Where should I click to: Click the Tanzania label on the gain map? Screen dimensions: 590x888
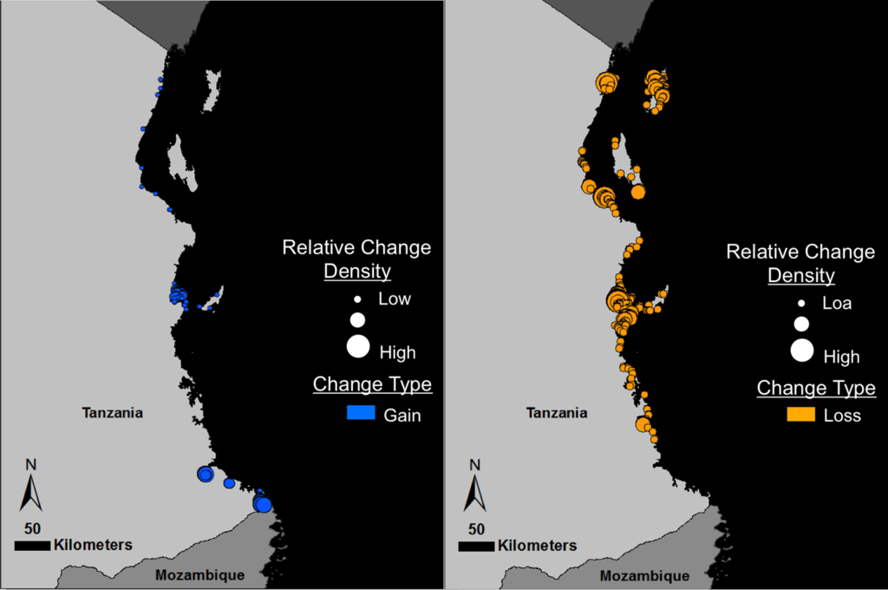point(112,413)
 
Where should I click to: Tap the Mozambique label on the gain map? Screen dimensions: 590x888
point(199,574)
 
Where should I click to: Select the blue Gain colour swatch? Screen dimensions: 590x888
point(360,414)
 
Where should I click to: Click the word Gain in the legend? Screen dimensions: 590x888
point(402,416)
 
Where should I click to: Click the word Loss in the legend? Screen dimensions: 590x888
point(842,416)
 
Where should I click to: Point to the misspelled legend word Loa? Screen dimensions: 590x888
point(837,304)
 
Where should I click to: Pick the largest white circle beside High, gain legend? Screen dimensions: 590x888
point(357,347)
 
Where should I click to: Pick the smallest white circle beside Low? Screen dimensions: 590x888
point(356,298)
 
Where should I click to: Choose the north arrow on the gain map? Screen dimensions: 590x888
point(30,492)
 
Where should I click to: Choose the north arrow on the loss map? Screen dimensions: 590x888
point(474,492)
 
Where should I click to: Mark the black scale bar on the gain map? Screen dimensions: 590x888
point(33,546)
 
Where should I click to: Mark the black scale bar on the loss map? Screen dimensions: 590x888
point(476,547)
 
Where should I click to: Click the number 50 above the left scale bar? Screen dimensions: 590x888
point(32,528)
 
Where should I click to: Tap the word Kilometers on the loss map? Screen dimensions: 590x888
point(537,546)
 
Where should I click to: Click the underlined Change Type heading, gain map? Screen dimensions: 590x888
point(372,383)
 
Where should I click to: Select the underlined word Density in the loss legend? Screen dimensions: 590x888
point(801,276)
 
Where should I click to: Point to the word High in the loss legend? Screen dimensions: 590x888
point(841,357)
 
